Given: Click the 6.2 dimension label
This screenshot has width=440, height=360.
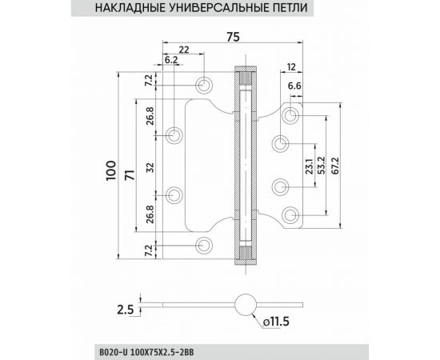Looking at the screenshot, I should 170,60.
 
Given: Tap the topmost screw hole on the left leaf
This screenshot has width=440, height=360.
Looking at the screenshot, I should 206,83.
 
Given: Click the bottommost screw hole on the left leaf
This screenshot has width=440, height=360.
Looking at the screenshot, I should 206,244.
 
